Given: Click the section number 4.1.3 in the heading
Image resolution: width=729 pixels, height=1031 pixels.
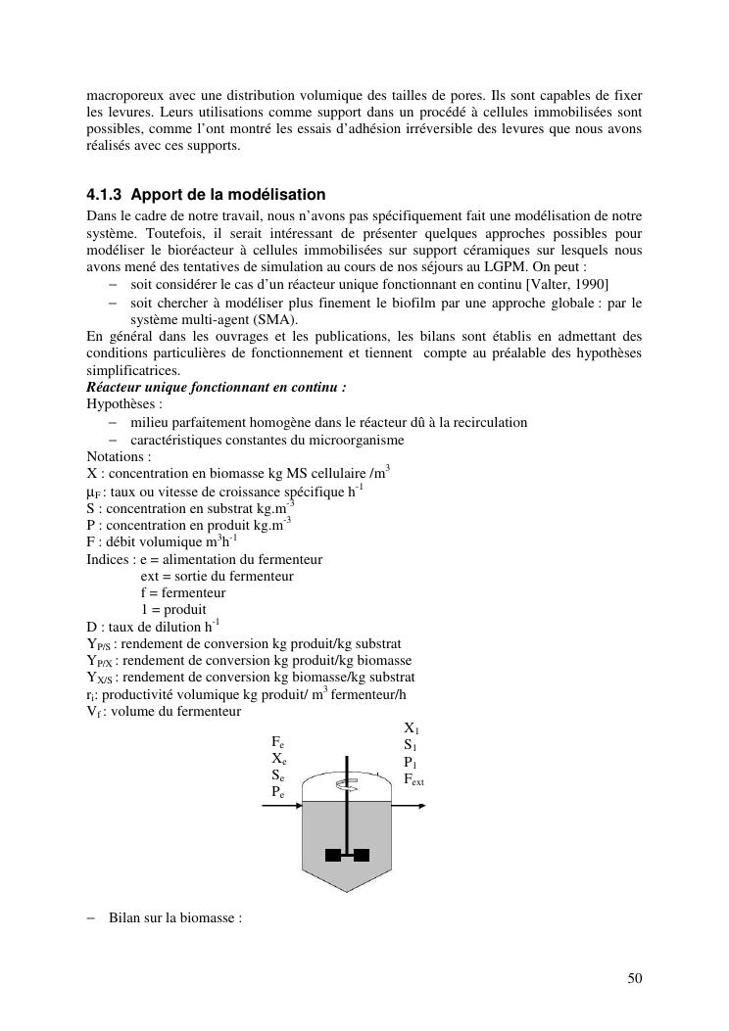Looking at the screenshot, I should pyautogui.click(x=104, y=195).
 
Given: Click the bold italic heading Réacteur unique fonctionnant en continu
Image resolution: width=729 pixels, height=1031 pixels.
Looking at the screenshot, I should pyautogui.click(x=216, y=387).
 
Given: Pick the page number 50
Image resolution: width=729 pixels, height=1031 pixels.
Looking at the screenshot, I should pyautogui.click(x=634, y=978).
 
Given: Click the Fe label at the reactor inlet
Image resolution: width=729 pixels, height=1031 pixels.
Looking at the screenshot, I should pyautogui.click(x=278, y=743).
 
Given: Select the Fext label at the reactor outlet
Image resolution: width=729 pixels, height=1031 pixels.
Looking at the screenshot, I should pyautogui.click(x=414, y=780).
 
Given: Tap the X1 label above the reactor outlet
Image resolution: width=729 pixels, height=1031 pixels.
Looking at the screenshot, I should pyautogui.click(x=412, y=728).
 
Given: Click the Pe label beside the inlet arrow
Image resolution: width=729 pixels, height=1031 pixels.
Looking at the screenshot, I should pyautogui.click(x=278, y=793).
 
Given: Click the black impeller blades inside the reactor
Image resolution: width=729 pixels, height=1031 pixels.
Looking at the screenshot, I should pyautogui.click(x=348, y=854).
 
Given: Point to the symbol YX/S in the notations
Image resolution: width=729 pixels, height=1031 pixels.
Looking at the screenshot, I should pyautogui.click(x=101, y=678).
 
